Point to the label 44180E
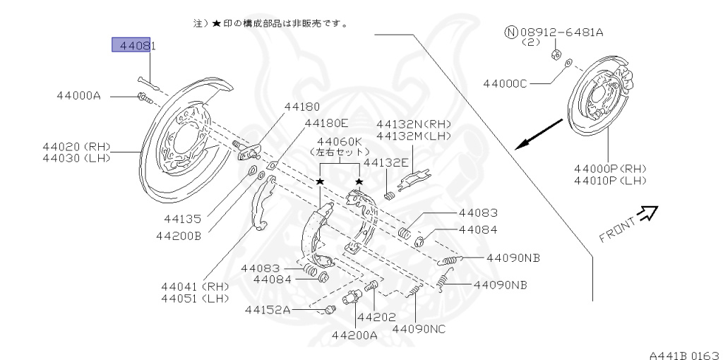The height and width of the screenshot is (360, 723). point(326,123)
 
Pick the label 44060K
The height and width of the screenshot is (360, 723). point(338,140)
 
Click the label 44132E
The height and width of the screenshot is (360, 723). point(386,162)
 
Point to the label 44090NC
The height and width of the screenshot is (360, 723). point(419,328)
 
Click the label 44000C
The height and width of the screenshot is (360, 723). point(505,83)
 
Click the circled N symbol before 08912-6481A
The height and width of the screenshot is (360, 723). point(510,32)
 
